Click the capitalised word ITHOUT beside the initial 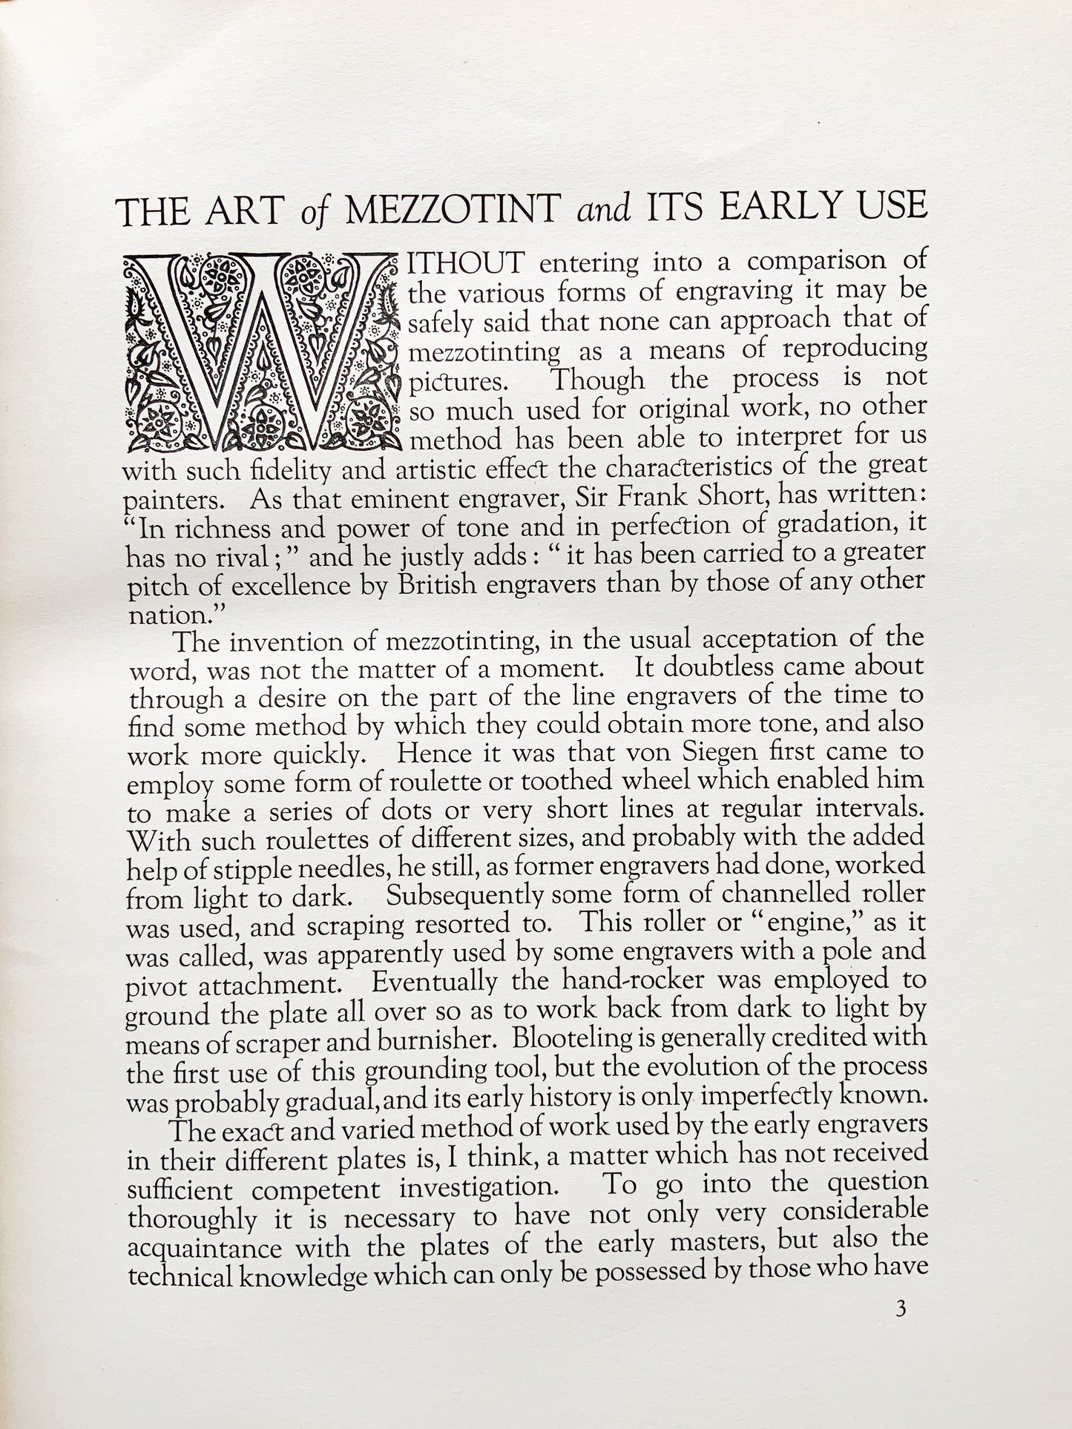click(x=467, y=263)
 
